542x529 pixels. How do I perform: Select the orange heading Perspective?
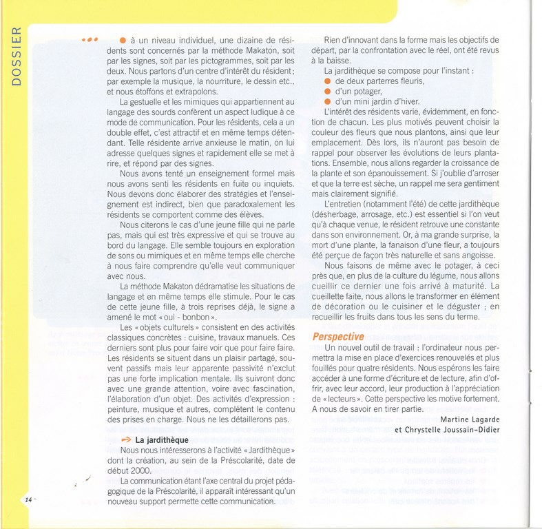click(x=338, y=337)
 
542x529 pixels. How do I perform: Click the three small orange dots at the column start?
click(x=90, y=39)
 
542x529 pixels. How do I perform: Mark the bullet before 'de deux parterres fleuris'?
click(x=329, y=81)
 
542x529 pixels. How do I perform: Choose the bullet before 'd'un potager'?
click(x=329, y=92)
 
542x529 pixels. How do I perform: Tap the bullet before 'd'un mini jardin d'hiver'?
click(x=329, y=102)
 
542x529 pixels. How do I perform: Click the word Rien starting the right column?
click(x=334, y=39)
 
